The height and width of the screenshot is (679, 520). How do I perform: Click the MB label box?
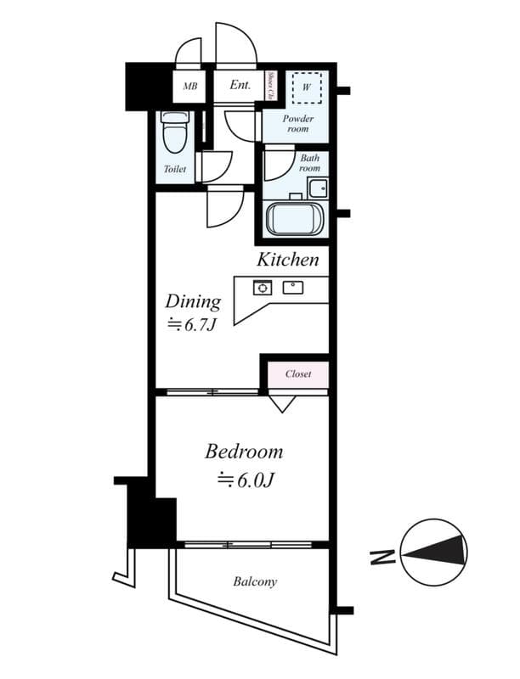[x=189, y=86]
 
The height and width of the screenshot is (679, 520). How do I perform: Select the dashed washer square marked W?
[x=308, y=86]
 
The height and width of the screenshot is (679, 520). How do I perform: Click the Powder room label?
[x=298, y=125]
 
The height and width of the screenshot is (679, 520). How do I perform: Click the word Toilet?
[x=174, y=169]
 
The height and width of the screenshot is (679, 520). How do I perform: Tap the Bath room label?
[x=309, y=163]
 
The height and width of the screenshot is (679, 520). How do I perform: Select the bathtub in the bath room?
[x=295, y=219]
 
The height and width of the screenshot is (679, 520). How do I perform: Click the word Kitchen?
[x=288, y=260]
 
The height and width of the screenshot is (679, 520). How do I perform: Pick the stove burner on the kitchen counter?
[x=262, y=287]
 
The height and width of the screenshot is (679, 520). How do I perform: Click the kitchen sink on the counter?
[x=294, y=286]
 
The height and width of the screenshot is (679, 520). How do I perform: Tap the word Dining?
[x=193, y=301]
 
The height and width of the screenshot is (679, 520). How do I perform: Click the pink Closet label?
[x=298, y=373]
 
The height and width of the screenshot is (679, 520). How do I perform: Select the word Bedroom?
[x=243, y=452]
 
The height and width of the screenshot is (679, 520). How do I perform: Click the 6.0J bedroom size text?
[x=245, y=480]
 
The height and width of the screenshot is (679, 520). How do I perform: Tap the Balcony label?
[x=255, y=582]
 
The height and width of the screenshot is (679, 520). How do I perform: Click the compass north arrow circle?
[x=433, y=553]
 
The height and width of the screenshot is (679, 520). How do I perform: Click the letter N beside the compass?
[x=382, y=558]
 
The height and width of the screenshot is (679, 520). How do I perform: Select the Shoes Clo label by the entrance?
[x=269, y=86]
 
